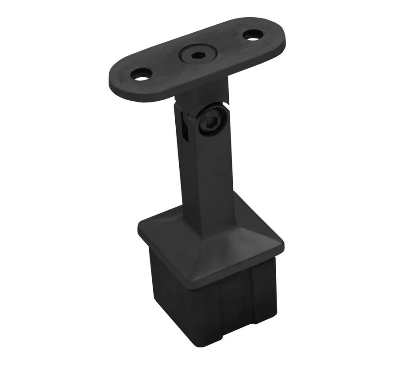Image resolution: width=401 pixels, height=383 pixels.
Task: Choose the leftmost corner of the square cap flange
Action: [x=139, y=228]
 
